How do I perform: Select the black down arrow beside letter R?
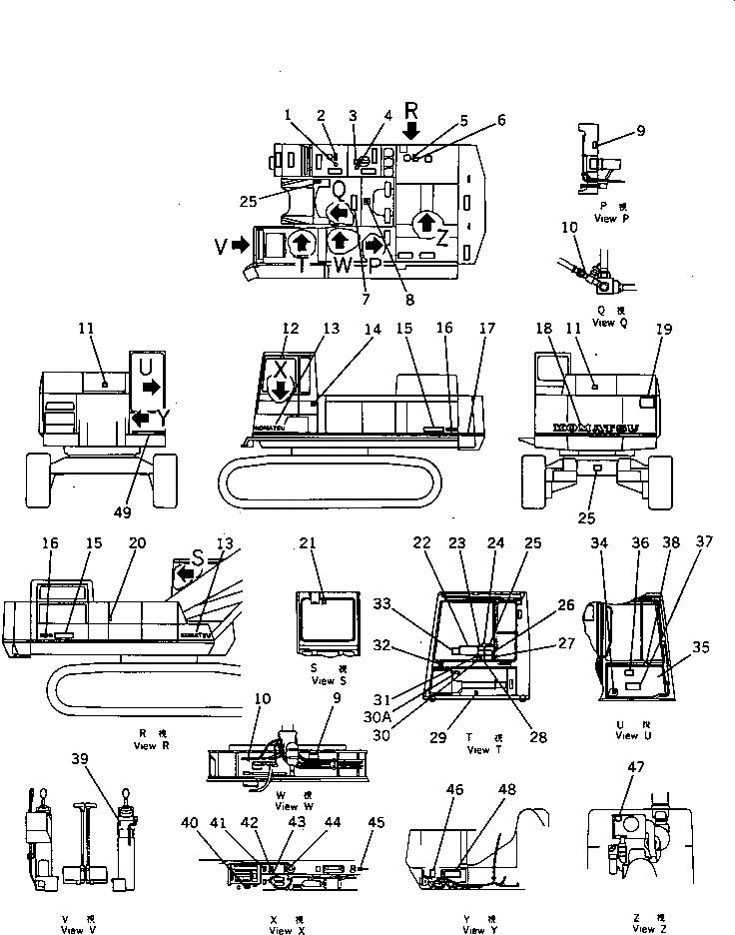(x=412, y=130)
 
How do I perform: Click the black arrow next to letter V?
(x=239, y=244)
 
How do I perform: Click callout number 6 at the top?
(x=501, y=120)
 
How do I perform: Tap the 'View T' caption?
(x=478, y=749)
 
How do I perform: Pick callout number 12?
(x=291, y=328)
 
